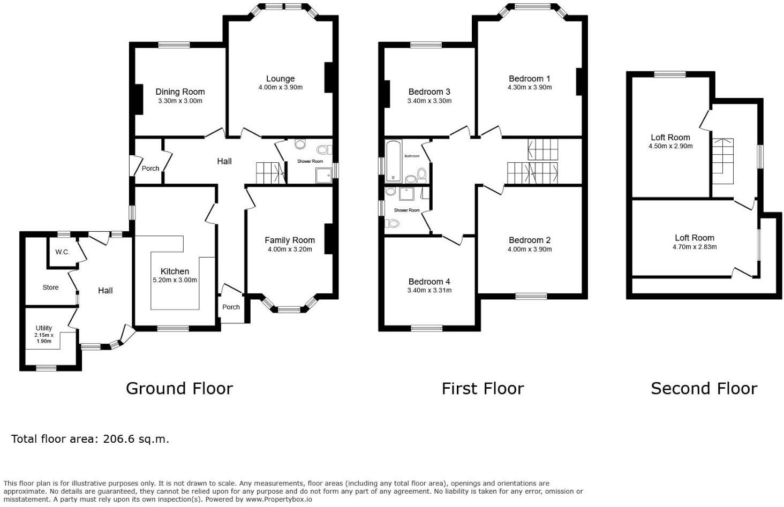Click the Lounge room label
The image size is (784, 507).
point(280,79)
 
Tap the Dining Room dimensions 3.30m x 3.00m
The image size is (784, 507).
point(180,101)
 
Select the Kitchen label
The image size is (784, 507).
point(175,271)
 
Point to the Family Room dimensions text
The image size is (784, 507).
point(290,249)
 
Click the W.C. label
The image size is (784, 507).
point(62,252)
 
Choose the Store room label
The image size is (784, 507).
point(50,287)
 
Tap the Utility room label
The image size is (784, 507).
point(44,328)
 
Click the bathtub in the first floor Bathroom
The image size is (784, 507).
point(393,161)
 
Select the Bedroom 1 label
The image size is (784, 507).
point(529,79)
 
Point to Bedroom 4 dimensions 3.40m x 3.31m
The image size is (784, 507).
point(429,290)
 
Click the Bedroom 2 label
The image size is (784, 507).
point(529,240)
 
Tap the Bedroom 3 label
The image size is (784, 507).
point(429,92)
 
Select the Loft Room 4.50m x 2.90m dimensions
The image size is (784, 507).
point(670,146)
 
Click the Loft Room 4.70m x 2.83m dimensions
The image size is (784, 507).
point(695,247)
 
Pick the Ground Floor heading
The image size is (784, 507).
point(179,388)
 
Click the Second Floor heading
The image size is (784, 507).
point(704,388)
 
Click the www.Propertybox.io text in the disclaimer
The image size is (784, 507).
point(278,499)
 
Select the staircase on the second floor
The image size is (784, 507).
point(722,161)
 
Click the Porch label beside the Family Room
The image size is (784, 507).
point(231,307)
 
